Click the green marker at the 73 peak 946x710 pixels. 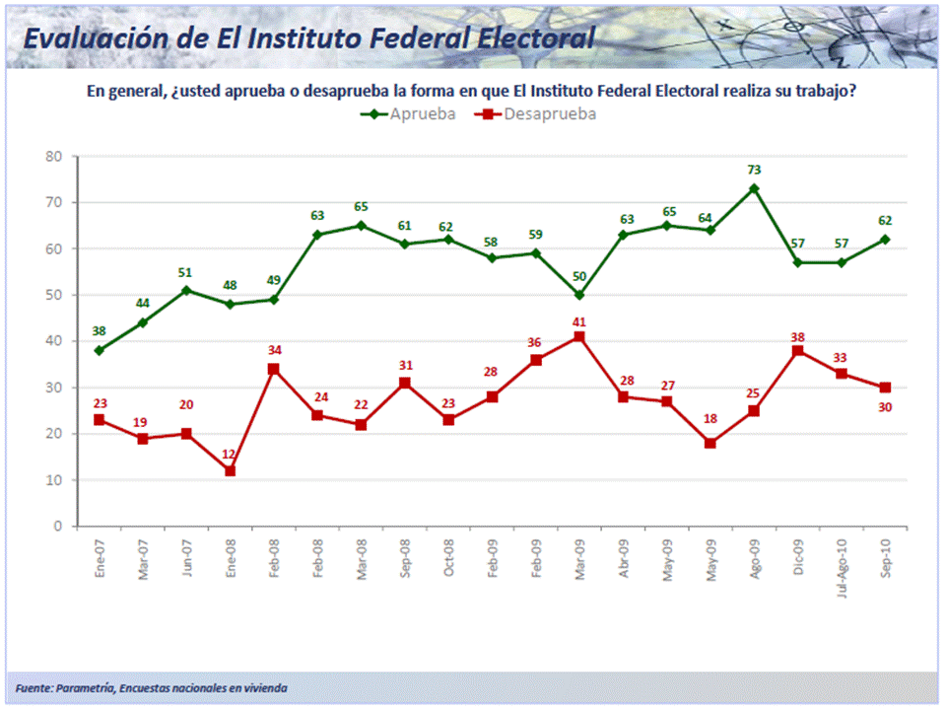tap(754, 188)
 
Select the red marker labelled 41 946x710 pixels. tap(579, 336)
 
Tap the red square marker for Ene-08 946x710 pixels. tap(230, 470)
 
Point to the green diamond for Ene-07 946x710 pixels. tap(100, 350)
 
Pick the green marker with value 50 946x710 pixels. tap(579, 295)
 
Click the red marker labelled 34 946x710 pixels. tap(274, 369)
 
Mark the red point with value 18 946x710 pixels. tap(710, 443)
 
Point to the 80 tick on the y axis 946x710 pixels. tap(54, 156)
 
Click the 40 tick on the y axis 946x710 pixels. tap(54, 341)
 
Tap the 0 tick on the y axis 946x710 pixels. tap(58, 527)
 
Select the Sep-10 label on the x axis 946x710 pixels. tap(886, 558)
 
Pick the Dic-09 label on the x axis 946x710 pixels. tap(798, 557)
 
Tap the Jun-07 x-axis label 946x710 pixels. tap(186, 558)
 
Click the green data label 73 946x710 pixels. tap(754, 170)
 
